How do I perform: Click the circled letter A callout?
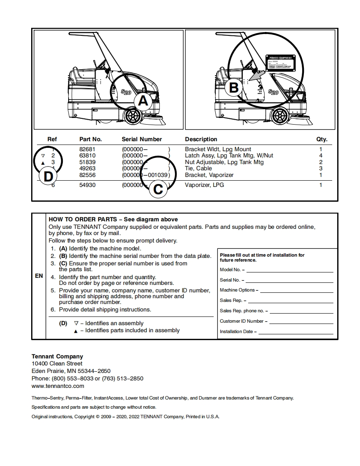142,101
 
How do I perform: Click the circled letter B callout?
234,88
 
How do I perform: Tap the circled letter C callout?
158,189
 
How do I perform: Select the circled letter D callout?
48,177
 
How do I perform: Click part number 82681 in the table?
87,149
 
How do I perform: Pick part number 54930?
87,185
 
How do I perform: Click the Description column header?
201,139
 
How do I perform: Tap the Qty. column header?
321,139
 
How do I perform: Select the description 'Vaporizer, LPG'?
204,185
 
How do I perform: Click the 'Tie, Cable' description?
198,168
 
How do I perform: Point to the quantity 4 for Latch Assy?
321,155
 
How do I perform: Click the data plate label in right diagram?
280,62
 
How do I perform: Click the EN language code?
39,276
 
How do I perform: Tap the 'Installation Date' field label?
238,332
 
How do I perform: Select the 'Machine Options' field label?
239,290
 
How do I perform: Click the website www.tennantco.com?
58,386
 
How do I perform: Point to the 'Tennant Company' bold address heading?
57,356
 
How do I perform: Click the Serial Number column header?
142,139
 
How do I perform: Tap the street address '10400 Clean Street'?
57,363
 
